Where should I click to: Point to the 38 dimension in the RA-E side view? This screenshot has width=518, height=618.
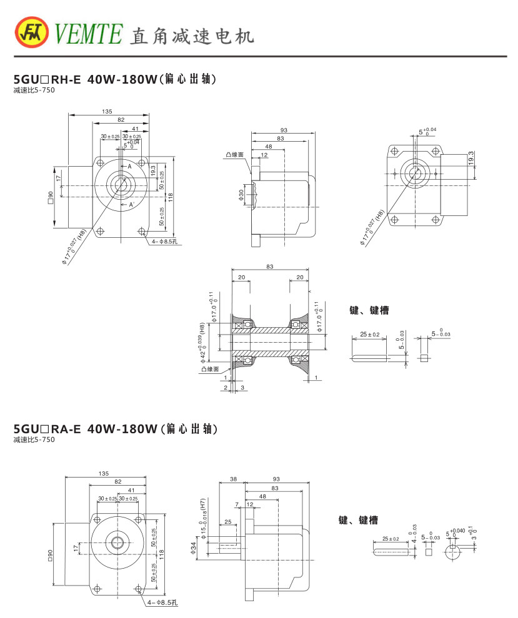[233, 479]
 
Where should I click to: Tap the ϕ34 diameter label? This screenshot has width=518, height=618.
[195, 548]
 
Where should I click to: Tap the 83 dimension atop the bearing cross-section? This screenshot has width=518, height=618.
[269, 267]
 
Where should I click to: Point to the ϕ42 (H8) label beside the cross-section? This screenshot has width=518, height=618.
[202, 342]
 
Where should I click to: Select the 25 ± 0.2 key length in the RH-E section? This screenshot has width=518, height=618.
[370, 335]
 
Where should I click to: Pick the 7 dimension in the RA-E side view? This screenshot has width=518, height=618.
[237, 504]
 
